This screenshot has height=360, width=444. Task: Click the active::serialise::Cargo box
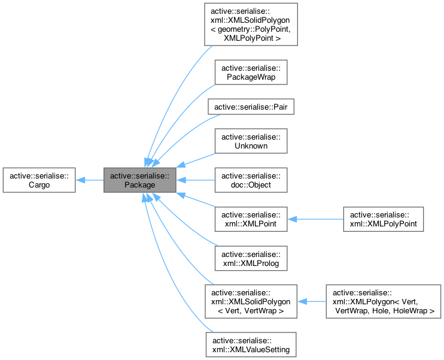point(39,180)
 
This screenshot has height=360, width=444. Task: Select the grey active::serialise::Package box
point(139,180)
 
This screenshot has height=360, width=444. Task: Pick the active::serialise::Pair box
point(251,106)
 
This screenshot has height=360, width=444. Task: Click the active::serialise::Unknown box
point(251,140)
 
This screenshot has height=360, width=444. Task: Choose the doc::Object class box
point(251,180)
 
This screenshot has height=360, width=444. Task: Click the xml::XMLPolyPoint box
point(382,219)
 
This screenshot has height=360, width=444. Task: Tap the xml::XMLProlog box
point(251,258)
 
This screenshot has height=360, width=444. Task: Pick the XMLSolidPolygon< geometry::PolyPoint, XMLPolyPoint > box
point(251,24)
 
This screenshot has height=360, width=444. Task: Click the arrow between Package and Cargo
point(90,180)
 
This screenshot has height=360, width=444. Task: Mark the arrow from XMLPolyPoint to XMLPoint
point(315,219)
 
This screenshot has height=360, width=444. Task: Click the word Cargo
point(39,184)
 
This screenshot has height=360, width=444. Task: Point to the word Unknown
point(251,145)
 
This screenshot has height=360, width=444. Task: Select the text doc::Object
point(251,184)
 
